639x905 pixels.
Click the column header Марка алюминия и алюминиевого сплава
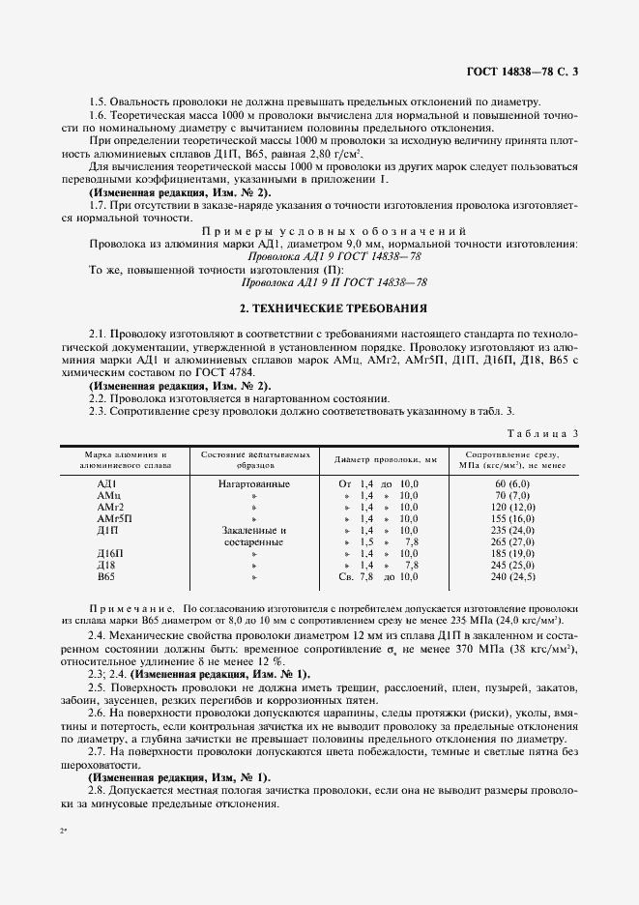pos(112,459)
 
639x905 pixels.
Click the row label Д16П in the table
pos(110,554)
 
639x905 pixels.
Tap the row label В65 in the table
pos(106,577)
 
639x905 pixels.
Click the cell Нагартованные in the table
pos(255,482)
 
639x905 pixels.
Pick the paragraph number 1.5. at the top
pos(99,102)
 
